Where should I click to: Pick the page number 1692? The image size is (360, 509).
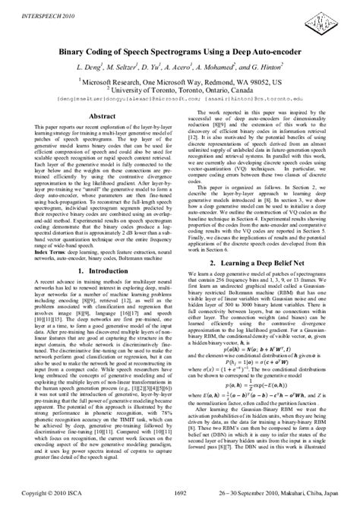pyautogui.click(x=180, y=491)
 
